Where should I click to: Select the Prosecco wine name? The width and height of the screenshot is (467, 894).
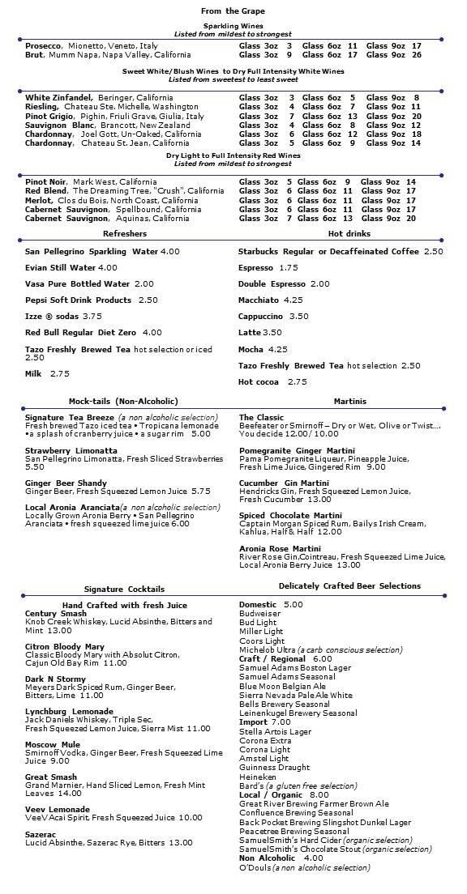click(x=43, y=46)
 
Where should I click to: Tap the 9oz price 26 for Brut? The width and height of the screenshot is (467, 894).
click(x=416, y=55)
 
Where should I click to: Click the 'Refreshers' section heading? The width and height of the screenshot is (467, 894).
click(x=119, y=233)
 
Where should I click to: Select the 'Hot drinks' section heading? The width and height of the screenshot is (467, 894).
click(x=349, y=233)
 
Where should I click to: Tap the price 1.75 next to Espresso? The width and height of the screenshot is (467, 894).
click(x=288, y=267)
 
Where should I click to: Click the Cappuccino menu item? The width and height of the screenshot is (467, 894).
click(x=261, y=316)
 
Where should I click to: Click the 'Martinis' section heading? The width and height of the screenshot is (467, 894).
click(x=349, y=402)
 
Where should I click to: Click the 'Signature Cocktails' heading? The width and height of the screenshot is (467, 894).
click(x=124, y=589)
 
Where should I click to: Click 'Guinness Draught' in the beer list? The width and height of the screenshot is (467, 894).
click(x=274, y=767)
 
